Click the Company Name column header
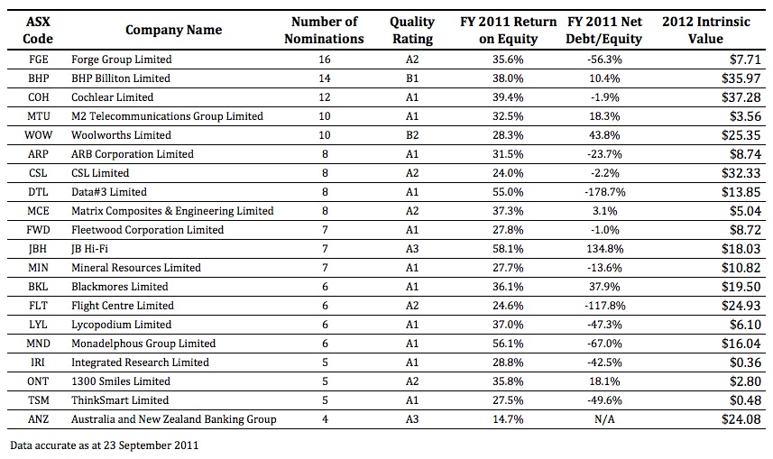coord(173,30)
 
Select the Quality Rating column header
coord(412,30)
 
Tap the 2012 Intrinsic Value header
coord(706,30)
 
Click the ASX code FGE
coord(39,60)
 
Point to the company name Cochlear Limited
coord(113,97)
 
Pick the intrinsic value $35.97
coord(741,78)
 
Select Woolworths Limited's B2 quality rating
coord(412,135)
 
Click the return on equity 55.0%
coord(508,192)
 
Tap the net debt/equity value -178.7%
coord(605,192)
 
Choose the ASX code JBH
coord(38,249)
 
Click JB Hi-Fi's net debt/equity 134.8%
coord(605,249)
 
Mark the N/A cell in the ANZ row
coord(604,419)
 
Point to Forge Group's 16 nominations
coord(325,60)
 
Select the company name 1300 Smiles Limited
coord(121,381)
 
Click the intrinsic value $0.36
coord(745,363)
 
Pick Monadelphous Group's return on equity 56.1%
coord(508,344)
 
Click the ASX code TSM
coord(38,400)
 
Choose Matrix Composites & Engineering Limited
coord(172,211)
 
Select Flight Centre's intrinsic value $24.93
coord(741,306)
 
